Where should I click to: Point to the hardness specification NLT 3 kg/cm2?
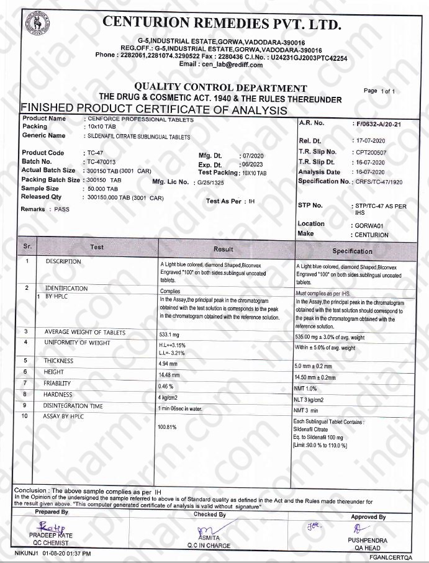click(314, 400)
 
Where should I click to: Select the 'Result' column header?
click(224, 249)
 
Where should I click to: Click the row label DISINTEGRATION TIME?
click(73, 406)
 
